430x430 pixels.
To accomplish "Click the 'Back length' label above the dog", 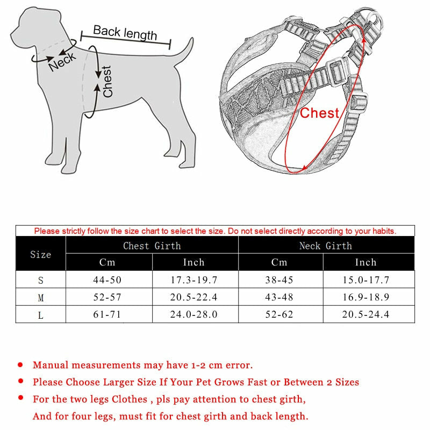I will (125, 33).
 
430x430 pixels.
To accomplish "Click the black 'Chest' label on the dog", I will (107, 81).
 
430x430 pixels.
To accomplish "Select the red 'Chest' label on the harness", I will (319, 113).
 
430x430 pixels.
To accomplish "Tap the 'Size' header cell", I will (40, 254).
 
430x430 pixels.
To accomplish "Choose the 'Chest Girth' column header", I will (152, 246).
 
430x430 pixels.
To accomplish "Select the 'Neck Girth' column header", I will (326, 246).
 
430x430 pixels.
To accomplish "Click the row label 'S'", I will (40, 280).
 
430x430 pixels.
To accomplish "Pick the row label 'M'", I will (40, 297).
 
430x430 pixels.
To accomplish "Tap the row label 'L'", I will (40, 315).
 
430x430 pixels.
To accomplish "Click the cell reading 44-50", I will (108, 280).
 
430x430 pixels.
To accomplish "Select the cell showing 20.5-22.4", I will (194, 297).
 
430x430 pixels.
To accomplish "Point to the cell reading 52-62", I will (279, 314).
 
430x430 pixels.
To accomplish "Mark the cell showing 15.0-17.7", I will (365, 280).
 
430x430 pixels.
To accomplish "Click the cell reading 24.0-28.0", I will (194, 314).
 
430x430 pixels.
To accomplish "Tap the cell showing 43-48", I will (279, 297).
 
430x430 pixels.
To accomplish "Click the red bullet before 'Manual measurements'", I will (20, 365).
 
